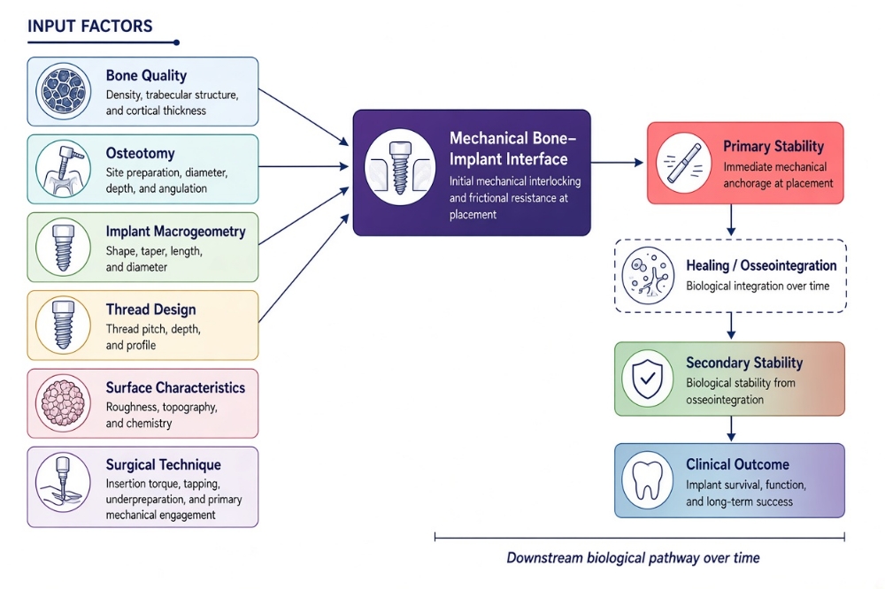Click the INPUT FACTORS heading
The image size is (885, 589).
(x=89, y=26)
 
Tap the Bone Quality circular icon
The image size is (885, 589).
(x=63, y=91)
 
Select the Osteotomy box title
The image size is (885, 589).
(x=140, y=153)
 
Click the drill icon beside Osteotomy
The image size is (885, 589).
(x=63, y=169)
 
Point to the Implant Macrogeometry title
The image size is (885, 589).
(x=175, y=232)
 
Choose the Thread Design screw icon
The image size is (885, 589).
(x=63, y=325)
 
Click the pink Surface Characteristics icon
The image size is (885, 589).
(x=63, y=403)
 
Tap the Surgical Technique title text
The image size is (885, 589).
(x=163, y=464)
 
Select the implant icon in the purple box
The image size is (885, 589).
(x=400, y=167)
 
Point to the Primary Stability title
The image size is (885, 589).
(x=773, y=146)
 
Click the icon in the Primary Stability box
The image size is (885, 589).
(x=684, y=163)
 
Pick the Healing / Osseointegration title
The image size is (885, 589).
(x=761, y=265)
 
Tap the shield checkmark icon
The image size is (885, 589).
(x=648, y=379)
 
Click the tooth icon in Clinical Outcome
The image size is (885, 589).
(x=648, y=481)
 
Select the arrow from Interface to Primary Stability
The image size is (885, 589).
(x=618, y=163)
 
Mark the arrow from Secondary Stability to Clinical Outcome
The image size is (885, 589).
(x=731, y=429)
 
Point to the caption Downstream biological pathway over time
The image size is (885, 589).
(x=633, y=558)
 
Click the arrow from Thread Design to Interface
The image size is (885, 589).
(x=304, y=269)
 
